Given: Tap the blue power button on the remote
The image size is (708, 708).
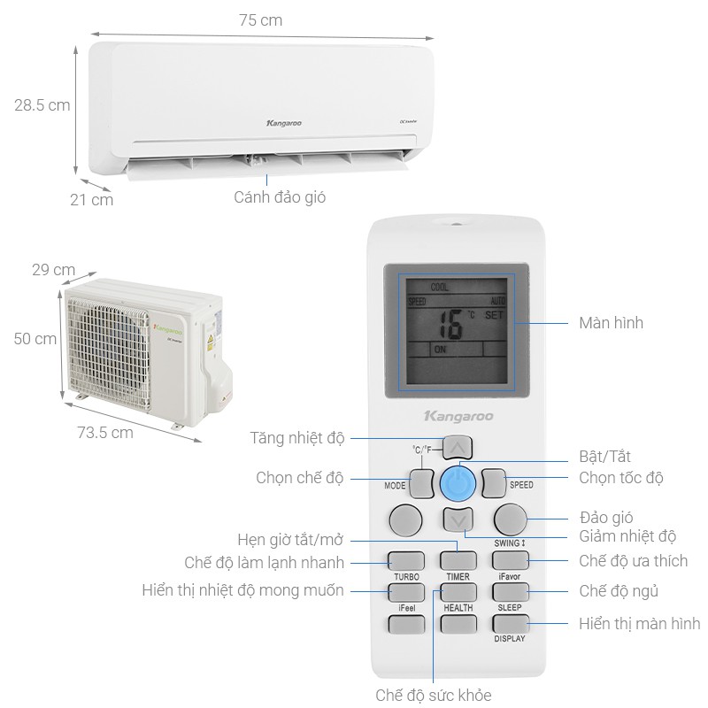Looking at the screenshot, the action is (457, 483).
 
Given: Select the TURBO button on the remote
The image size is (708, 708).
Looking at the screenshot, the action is (405, 560).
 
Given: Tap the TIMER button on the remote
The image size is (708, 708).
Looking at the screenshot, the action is (458, 560).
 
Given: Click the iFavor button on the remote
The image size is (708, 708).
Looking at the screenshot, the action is (510, 560).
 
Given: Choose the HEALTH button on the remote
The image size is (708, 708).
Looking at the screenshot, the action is (458, 624).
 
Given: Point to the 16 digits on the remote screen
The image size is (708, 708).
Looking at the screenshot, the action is (450, 325).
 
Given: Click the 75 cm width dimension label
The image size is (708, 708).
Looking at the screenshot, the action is (260, 19).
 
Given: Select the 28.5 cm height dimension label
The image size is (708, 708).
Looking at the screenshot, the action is (42, 104).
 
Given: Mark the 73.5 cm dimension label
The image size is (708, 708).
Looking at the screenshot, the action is (104, 433).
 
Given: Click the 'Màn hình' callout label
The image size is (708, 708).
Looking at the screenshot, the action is (611, 323).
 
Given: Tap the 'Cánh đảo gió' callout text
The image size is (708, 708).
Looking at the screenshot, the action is (280, 196).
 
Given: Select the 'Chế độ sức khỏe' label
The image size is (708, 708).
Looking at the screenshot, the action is (433, 695).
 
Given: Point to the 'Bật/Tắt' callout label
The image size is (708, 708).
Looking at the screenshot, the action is (604, 457).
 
